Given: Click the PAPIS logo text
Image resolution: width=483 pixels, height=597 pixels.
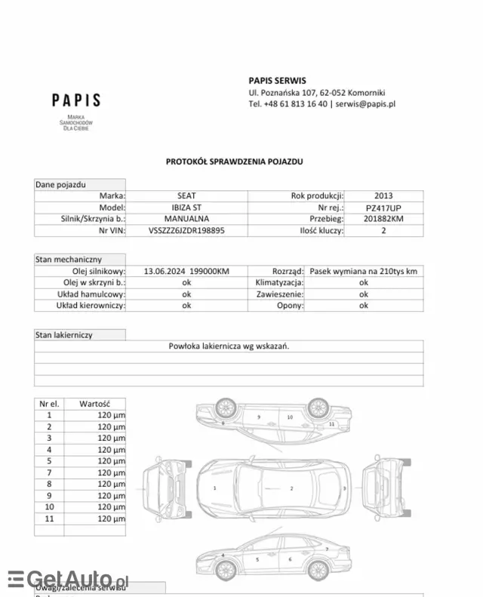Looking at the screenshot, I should coord(75,100).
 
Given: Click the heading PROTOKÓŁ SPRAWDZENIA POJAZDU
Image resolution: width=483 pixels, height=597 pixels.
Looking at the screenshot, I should coord(235,162).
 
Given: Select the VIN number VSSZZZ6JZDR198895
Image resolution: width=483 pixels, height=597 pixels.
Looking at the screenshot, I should coord(186,230).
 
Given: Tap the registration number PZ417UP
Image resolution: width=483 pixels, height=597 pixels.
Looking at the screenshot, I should coord(383,208).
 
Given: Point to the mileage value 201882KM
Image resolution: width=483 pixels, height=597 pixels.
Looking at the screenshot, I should coord(383,219).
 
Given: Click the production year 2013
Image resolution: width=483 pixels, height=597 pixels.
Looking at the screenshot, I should coord(383,196).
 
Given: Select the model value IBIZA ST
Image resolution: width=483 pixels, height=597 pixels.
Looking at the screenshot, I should coord(186,208).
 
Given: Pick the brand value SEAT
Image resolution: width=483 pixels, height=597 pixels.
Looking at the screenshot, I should coord(186,196).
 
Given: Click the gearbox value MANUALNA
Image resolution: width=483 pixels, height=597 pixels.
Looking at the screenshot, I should coord(186,219).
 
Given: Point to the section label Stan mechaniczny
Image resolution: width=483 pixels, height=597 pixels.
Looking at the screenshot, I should coord(69,260).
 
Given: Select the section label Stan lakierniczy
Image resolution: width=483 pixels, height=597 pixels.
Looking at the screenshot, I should coord(64,335).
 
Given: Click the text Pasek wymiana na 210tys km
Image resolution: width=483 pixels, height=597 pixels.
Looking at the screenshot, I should coord(363,271).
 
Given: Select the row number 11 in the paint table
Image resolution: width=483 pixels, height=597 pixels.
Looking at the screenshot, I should coord(50,519).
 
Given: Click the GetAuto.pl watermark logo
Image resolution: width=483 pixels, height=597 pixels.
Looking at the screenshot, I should coord(68,579).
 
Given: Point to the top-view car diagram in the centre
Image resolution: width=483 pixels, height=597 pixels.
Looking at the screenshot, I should coord(274,488).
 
